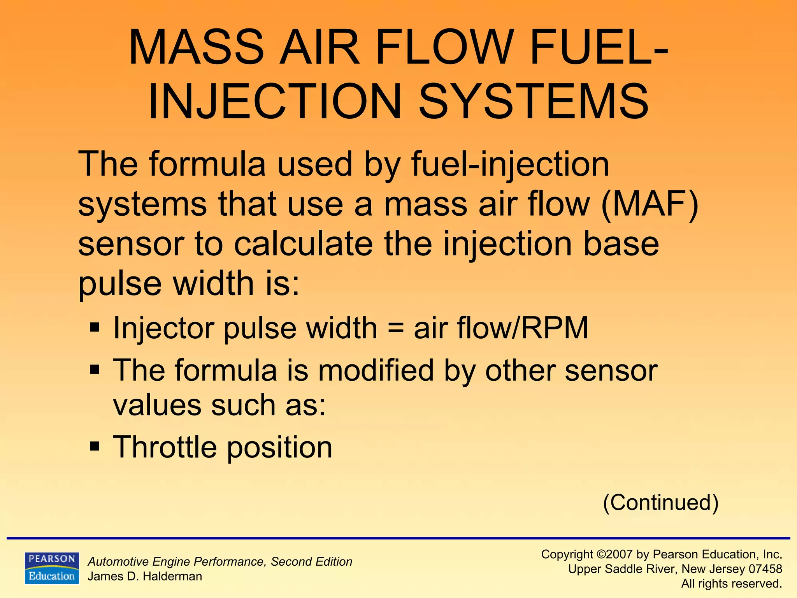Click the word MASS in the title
[x=197, y=47]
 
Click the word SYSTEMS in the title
[x=534, y=102]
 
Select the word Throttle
[x=165, y=447]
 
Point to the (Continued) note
[x=660, y=502]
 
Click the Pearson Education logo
[x=52, y=568]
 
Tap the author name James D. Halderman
[x=145, y=577]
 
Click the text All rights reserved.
[x=731, y=584]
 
